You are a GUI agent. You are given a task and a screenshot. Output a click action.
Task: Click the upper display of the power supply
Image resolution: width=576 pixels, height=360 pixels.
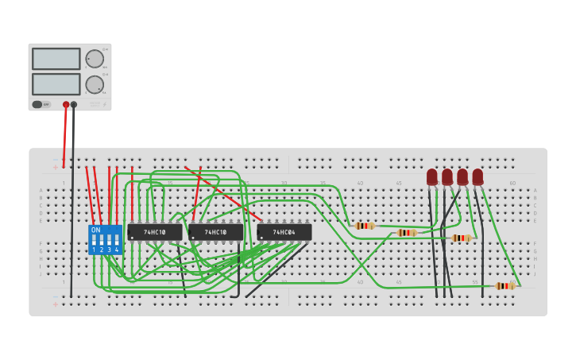(x=56, y=59)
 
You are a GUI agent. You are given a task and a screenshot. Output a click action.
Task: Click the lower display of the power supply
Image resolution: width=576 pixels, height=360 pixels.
(x=56, y=83)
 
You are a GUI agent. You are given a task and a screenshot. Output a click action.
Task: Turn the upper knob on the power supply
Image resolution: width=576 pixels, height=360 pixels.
(x=95, y=59)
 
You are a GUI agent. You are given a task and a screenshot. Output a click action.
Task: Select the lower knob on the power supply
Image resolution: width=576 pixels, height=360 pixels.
(x=95, y=84)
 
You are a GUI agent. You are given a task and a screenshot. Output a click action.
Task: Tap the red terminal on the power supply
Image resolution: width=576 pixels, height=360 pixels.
(x=66, y=104)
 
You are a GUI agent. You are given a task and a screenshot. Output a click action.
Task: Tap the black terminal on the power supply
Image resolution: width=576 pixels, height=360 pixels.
(x=74, y=104)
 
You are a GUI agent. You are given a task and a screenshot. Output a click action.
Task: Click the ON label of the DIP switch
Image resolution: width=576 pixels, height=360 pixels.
(x=96, y=230)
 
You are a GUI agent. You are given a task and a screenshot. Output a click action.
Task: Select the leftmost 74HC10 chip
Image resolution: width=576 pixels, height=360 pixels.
(x=155, y=232)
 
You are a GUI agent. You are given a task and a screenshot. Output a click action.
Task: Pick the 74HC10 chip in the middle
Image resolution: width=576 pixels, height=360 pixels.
(x=215, y=232)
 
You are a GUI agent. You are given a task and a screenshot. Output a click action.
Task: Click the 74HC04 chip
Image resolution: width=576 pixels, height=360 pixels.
(x=284, y=232)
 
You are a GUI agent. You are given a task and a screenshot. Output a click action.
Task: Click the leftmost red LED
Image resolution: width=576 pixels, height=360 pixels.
(x=431, y=176)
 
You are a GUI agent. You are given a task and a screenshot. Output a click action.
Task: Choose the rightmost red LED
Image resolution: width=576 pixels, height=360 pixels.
(x=477, y=176)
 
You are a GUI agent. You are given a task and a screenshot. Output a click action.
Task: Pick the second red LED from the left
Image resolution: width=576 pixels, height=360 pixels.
(x=447, y=176)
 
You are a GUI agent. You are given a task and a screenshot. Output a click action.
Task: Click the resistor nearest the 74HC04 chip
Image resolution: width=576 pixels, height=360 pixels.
(x=364, y=226)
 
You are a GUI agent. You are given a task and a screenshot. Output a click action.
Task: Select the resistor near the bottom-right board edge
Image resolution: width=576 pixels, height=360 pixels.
(x=504, y=286)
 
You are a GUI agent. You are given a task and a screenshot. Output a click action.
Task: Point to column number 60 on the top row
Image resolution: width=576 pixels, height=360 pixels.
(x=512, y=183)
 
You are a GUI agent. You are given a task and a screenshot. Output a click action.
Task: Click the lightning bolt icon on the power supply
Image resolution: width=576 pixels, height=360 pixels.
(x=105, y=104)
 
